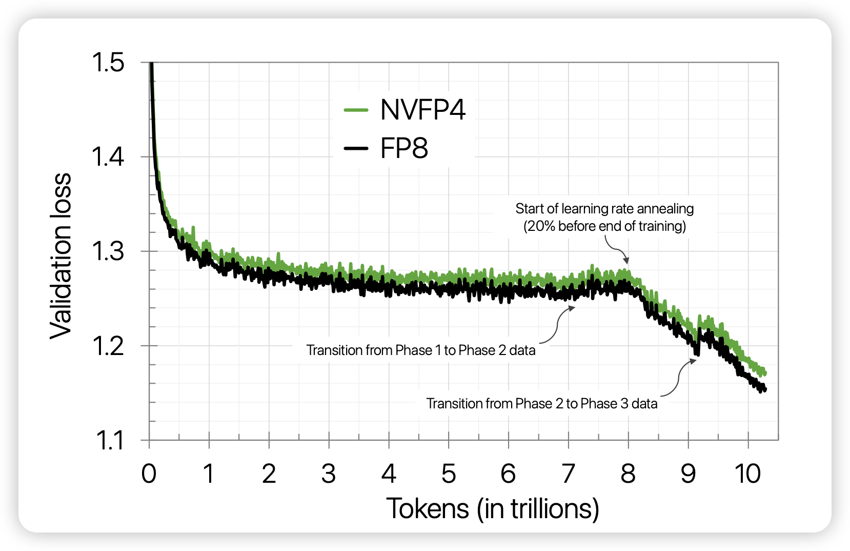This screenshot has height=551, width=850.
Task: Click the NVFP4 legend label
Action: click(x=422, y=110)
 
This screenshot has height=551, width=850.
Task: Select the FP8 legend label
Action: click(x=403, y=149)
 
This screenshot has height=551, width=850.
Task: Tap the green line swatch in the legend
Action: click(x=356, y=110)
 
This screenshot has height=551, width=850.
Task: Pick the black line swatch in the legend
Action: click(x=356, y=149)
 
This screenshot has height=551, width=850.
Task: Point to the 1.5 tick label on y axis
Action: click(x=108, y=63)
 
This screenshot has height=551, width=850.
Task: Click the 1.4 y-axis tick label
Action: click(x=108, y=157)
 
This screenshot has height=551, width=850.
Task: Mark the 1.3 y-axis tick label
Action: click(x=108, y=251)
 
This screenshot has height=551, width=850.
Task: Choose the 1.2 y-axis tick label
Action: click(x=108, y=346)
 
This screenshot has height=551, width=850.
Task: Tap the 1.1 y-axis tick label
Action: click(x=109, y=441)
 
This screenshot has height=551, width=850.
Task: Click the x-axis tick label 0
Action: click(x=149, y=474)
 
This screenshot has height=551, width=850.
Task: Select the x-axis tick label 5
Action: click(x=449, y=474)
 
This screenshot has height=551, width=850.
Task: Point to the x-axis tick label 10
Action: click(x=747, y=474)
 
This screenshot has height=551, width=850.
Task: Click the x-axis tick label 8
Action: click(x=628, y=474)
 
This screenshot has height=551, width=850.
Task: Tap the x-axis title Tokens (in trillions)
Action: click(x=492, y=508)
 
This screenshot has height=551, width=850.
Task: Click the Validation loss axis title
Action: click(x=61, y=255)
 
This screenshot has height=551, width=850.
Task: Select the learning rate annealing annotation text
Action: click(x=604, y=217)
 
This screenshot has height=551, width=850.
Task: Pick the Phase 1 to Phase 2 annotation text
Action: click(x=421, y=350)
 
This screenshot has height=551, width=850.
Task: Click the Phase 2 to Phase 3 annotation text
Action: click(x=542, y=403)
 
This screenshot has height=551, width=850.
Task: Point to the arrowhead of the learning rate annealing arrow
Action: click(x=625, y=261)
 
